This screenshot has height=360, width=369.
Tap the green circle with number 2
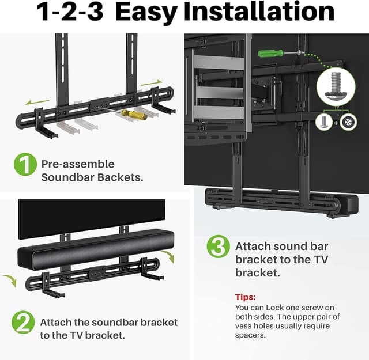coord(24,323)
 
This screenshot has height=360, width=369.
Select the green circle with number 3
coord(218,248)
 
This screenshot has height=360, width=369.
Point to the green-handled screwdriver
coord(270,54)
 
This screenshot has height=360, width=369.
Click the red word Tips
coord(245,297)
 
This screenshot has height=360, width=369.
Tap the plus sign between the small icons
coord(336,123)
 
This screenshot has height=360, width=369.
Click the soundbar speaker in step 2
coord(86,249)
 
